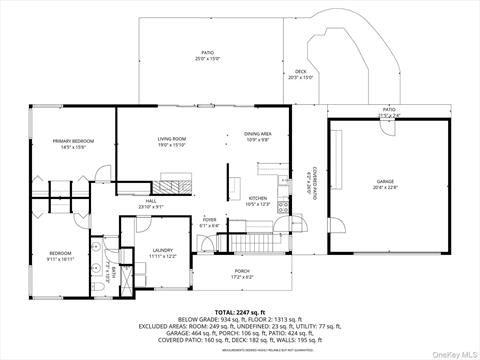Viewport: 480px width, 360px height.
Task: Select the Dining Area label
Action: tap(258, 136)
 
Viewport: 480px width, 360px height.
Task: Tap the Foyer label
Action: tap(209, 221)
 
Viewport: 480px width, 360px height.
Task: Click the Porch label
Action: tap(241, 273)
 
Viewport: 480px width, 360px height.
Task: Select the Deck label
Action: tap(300, 73)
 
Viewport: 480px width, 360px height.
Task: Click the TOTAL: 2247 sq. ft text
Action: tap(240, 313)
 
